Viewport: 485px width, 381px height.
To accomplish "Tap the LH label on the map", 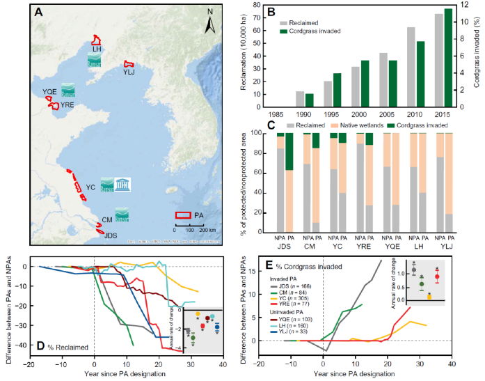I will coord(96,49).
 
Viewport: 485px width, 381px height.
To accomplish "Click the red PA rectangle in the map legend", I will coord(182,215).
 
